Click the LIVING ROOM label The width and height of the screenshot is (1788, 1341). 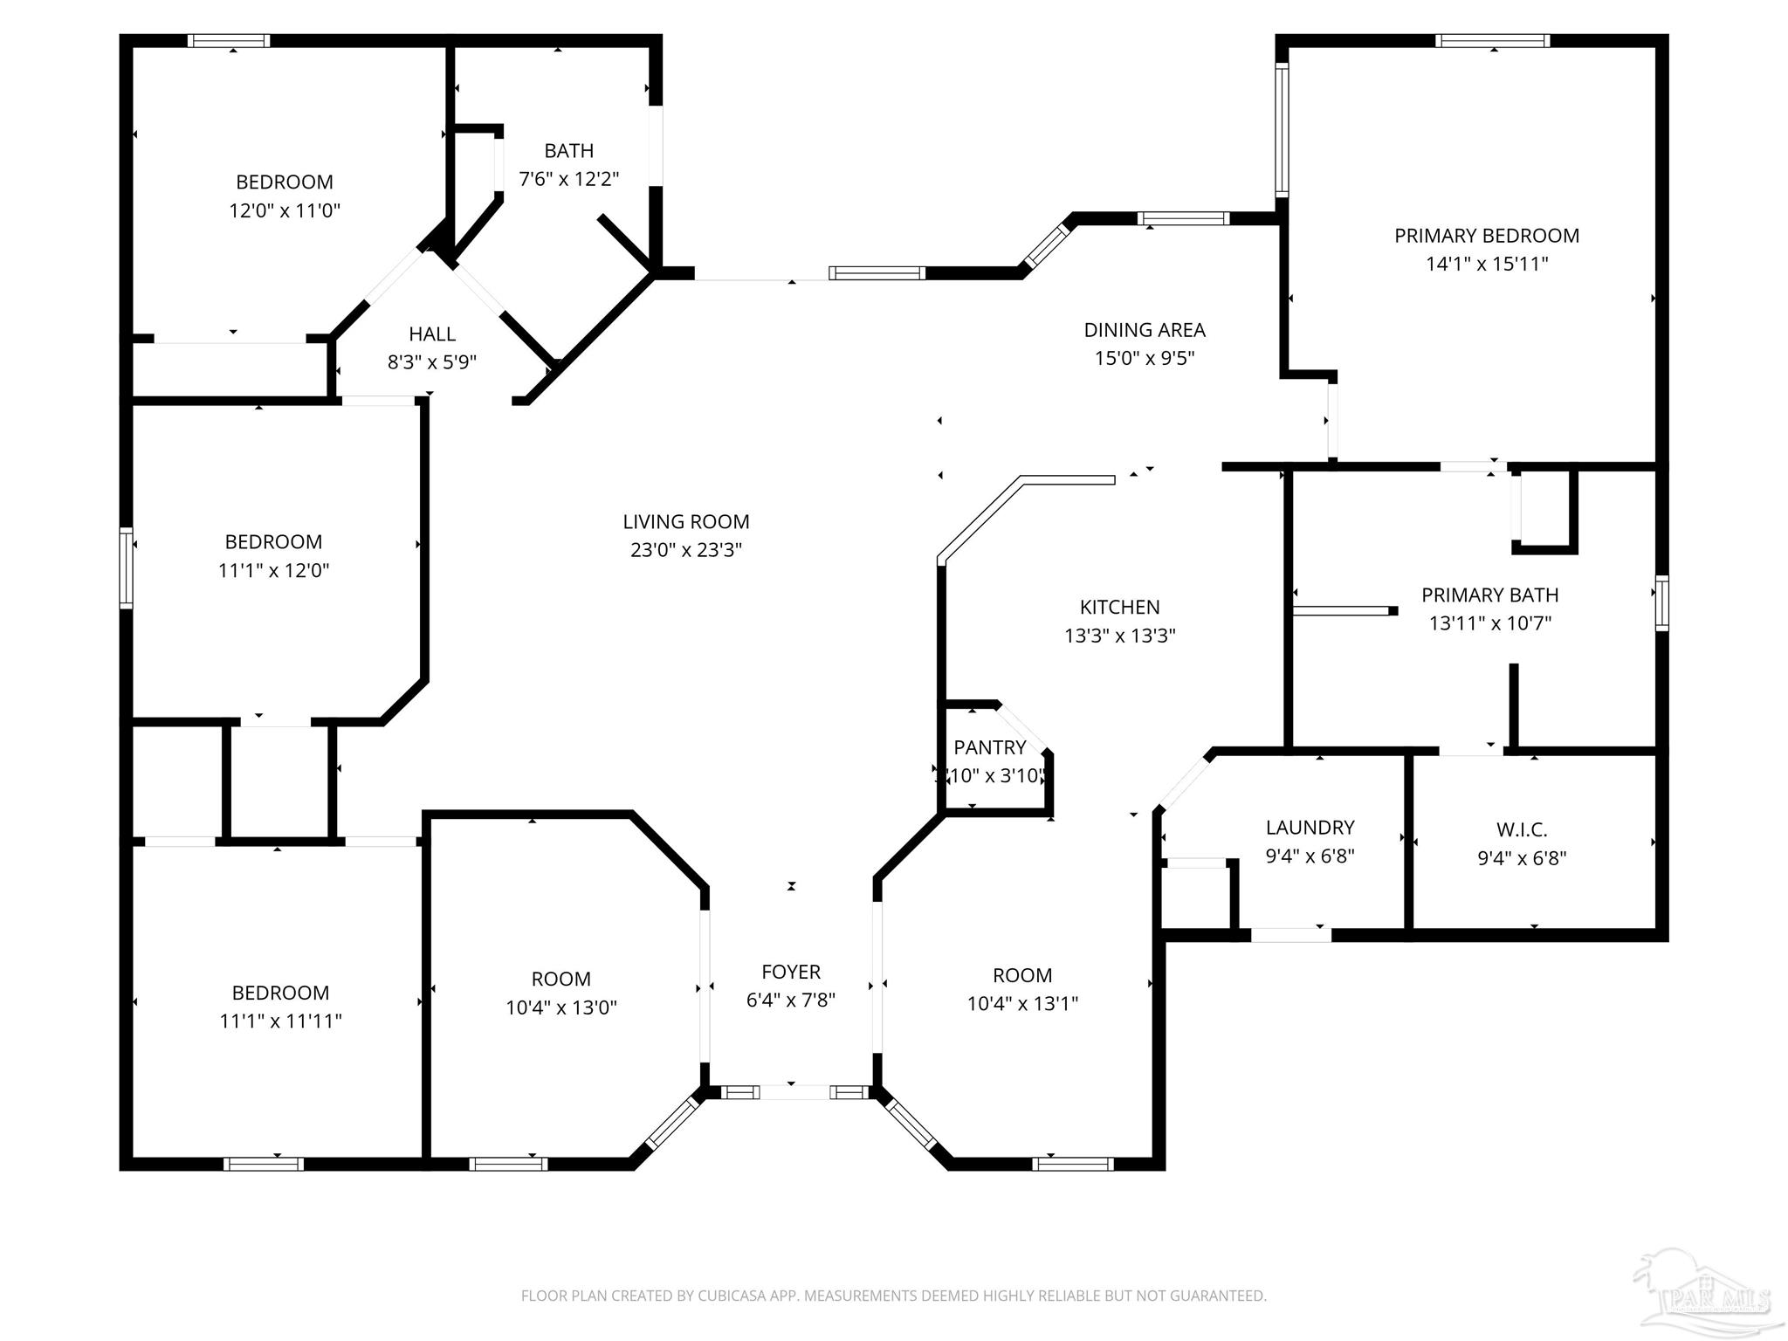[686, 522]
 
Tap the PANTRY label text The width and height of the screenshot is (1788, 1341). [989, 747]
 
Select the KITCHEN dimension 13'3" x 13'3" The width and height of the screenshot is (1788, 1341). [1119, 636]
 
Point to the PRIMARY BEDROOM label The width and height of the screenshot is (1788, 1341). [1486, 236]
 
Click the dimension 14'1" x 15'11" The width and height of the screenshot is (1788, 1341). [1487, 264]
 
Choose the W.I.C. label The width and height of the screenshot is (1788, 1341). [1522, 829]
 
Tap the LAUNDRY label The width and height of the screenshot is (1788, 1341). [1310, 828]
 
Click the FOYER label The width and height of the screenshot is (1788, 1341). [791, 972]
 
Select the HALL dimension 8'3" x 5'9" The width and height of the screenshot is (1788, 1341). [432, 361]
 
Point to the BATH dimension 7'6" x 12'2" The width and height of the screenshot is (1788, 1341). [569, 179]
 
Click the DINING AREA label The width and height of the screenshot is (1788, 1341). [1145, 330]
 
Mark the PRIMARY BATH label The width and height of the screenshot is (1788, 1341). [1489, 595]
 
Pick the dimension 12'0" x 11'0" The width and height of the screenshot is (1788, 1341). [285, 210]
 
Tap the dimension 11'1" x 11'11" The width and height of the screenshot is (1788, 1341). [280, 1021]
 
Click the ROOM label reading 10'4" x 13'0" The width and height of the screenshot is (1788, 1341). [560, 979]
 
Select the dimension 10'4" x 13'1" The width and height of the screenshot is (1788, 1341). [1022, 1004]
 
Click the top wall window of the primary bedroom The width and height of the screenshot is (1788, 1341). [1492, 40]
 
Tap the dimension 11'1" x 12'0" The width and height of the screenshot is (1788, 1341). [273, 570]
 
